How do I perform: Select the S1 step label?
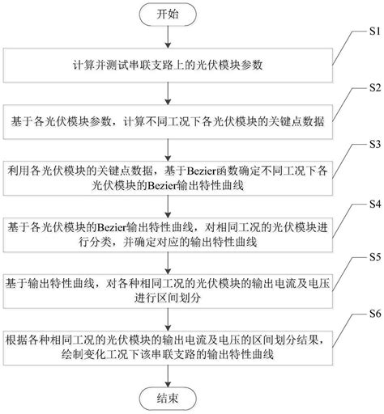[370, 33]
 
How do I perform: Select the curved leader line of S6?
[350, 323]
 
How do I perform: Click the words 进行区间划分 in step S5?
[177, 298]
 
